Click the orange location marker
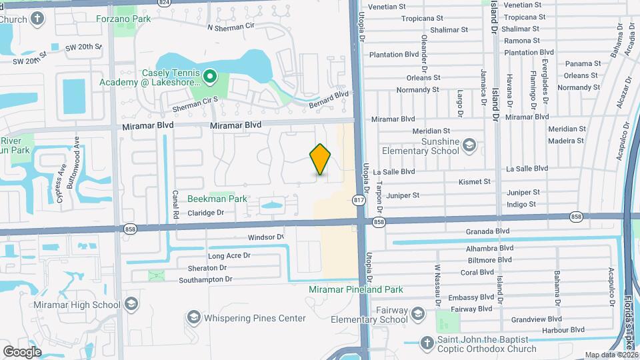coord(320,159)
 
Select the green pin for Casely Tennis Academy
coord(209,77)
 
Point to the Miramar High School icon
coord(131,305)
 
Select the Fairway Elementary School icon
coord(418,314)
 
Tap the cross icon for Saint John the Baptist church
coord(427,343)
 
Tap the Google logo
coord(22,351)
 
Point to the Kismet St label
coord(475,181)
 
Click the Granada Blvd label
coord(488,231)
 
